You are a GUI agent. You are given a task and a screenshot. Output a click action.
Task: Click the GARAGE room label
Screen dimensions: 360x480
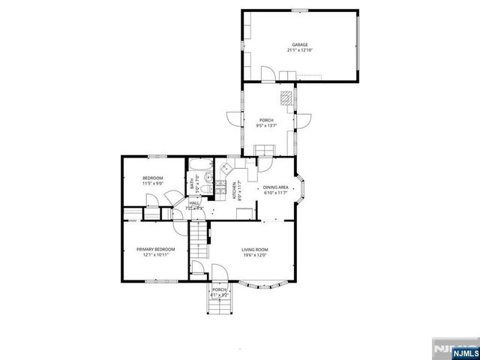click(x=300, y=44)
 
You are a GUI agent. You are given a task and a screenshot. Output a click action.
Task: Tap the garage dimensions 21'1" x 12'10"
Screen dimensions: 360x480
click(x=300, y=50)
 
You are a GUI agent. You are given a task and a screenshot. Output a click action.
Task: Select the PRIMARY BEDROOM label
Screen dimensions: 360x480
click(x=155, y=249)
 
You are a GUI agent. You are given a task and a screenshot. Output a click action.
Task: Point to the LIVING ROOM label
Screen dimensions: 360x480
click(x=255, y=249)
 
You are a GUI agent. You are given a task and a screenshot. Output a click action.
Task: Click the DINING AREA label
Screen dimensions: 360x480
click(x=277, y=187)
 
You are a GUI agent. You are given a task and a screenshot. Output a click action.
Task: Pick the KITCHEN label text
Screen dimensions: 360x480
click(x=235, y=188)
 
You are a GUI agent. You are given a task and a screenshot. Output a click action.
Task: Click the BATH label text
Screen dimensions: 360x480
click(x=193, y=182)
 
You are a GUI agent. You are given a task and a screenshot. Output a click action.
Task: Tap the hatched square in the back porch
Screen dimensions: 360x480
click(x=286, y=97)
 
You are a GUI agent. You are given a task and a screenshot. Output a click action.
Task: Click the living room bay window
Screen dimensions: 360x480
click(x=267, y=285)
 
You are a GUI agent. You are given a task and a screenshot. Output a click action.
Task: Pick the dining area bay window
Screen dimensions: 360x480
click(x=300, y=189)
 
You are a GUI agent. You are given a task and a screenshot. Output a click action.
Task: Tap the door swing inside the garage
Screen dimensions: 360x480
click(x=265, y=73)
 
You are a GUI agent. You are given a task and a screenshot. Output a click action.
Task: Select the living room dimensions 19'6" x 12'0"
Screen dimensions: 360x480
click(x=255, y=255)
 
